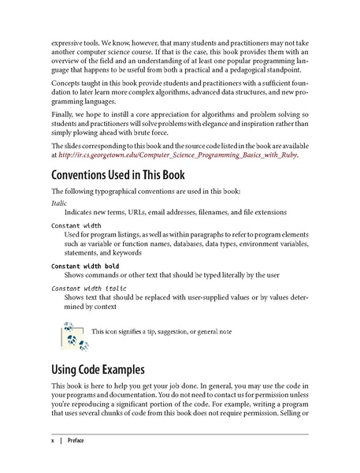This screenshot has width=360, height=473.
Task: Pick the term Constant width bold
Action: click(85, 266)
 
